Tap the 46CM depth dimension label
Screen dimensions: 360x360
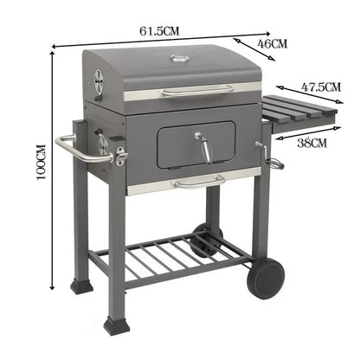pos(274,43)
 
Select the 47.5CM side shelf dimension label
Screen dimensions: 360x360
pos(319,86)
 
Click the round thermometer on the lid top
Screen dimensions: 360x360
pos(179,59)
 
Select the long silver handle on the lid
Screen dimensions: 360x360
pos(196,89)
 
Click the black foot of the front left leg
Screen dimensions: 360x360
pos(113,326)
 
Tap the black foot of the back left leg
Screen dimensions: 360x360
pos(81,282)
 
